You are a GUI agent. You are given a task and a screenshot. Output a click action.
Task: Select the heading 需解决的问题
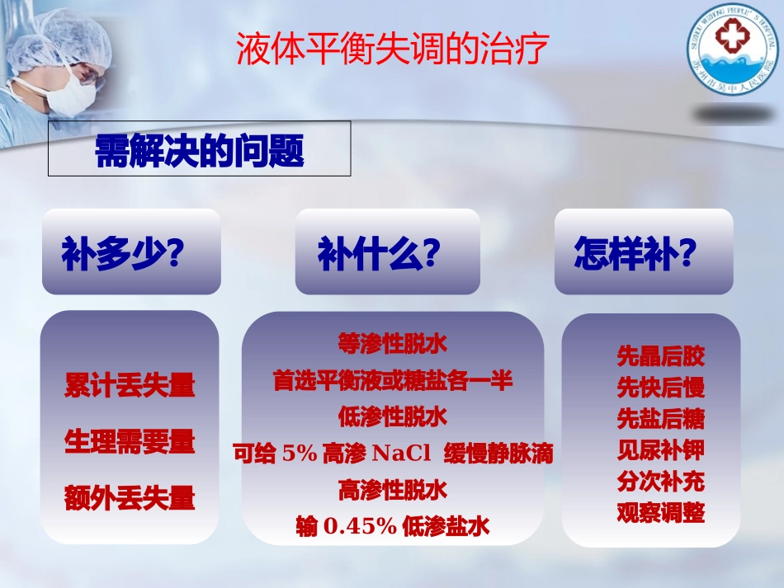(200, 150)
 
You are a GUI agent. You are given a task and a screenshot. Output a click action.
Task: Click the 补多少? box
(131, 252)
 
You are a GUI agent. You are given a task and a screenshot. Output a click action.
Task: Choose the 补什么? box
(387, 252)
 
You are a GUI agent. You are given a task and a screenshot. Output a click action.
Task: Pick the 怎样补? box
(644, 252)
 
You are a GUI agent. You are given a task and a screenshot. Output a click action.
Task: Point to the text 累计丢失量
(130, 385)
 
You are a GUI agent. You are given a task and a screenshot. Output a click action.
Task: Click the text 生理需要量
(130, 442)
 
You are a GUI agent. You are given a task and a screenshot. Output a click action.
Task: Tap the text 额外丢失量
(130, 498)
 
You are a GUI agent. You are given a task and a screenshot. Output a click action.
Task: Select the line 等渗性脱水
(393, 342)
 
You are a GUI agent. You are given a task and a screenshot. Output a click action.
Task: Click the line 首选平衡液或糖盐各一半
(393, 380)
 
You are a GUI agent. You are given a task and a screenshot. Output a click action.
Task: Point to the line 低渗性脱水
(393, 416)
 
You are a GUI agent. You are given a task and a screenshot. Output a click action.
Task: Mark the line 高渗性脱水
(393, 490)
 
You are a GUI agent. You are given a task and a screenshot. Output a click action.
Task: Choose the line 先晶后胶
(661, 356)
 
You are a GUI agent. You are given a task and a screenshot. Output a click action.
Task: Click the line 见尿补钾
(661, 450)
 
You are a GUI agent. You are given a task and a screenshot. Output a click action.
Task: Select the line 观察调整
(661, 513)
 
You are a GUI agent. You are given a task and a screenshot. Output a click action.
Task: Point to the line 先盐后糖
(661, 419)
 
